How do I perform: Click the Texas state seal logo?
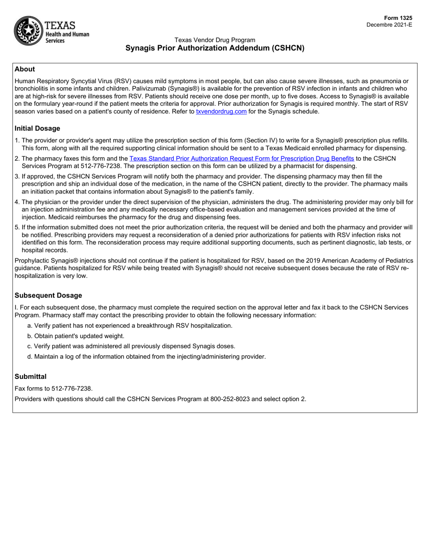tap(28, 31)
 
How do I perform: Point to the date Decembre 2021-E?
tap(389, 25)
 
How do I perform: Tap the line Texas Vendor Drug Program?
tap(215, 40)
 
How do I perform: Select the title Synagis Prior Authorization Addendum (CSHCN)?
tap(215, 48)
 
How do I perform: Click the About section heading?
tap(24, 69)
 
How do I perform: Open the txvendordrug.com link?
tap(221, 111)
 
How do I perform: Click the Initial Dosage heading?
tap(37, 128)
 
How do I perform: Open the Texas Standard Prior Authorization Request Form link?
tap(242, 158)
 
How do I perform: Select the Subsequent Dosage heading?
tap(48, 295)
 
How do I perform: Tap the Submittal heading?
tap(30, 376)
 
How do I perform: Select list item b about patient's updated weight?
tap(76, 336)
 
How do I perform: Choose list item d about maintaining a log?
tap(146, 356)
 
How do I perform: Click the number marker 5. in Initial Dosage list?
tap(17, 227)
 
